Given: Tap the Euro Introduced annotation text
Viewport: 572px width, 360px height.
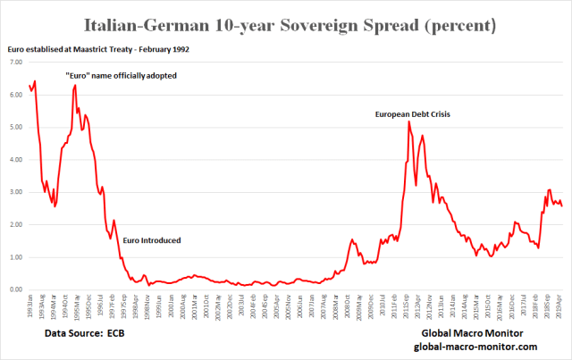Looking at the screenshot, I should (x=151, y=240).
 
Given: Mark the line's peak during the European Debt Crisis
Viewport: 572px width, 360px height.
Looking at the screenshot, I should (x=408, y=122).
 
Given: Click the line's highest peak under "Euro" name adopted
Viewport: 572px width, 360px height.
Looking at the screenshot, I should (x=75, y=85).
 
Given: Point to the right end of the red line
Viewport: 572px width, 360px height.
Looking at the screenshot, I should (x=561, y=206).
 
